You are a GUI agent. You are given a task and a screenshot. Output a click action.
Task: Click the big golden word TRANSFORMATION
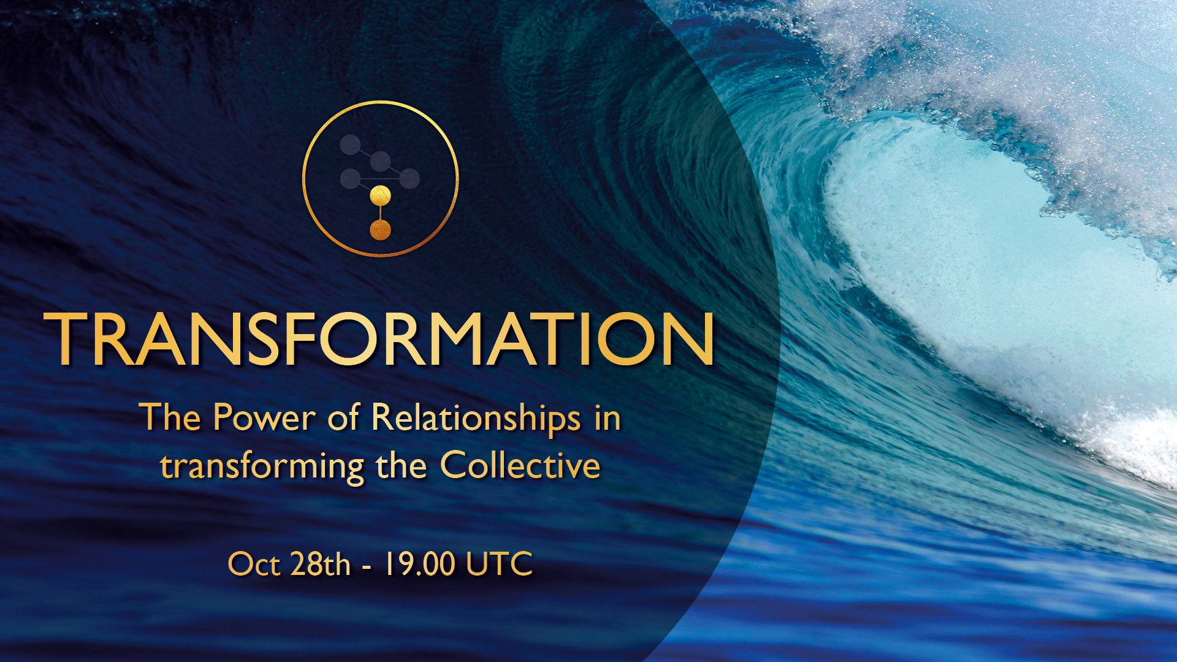coord(379,339)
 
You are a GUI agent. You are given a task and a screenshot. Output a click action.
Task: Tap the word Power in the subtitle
coord(264,418)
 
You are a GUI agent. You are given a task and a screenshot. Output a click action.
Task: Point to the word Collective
coord(520,465)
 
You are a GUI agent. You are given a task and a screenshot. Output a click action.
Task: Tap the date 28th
coord(320,564)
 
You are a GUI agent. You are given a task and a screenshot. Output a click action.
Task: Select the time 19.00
coord(419,564)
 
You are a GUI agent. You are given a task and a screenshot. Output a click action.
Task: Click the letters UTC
coord(499,564)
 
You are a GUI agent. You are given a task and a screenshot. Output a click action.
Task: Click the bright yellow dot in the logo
coord(381,196)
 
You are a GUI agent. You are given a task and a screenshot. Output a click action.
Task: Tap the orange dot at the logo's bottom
coord(381,230)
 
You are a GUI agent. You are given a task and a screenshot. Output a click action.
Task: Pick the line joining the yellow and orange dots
coord(381,213)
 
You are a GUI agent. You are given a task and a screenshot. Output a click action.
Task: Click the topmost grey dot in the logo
coord(350,145)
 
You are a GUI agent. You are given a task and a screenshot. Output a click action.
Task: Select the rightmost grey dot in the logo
coord(409,179)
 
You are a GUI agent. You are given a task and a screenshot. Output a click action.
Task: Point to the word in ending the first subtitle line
coord(608,417)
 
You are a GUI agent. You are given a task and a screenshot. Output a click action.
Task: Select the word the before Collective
coord(402,465)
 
